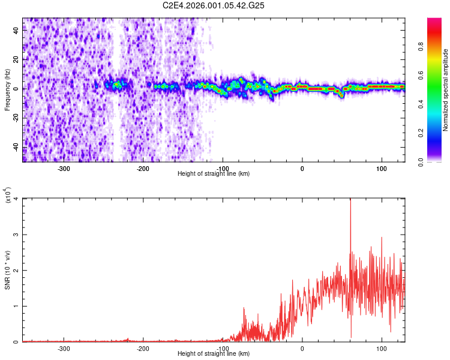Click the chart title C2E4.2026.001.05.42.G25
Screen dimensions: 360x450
coord(214,5)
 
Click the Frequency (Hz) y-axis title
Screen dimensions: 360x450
coord(8,89)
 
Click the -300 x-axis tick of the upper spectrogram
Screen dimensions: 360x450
coord(64,167)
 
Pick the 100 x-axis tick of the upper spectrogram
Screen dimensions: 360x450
coord(382,167)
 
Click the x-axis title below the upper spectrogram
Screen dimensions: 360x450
coord(214,173)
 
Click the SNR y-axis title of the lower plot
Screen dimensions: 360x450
coord(8,271)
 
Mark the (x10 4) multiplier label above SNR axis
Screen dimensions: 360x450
coord(9,195)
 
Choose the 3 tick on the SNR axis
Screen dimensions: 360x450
coord(17,234)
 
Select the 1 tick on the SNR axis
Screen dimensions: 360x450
coord(17,306)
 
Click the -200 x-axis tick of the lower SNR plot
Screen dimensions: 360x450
coord(143,348)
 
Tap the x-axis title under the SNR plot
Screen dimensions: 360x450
coord(214,354)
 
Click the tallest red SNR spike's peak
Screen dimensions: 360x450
coord(350,200)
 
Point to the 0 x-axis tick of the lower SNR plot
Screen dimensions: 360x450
coord(302,348)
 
